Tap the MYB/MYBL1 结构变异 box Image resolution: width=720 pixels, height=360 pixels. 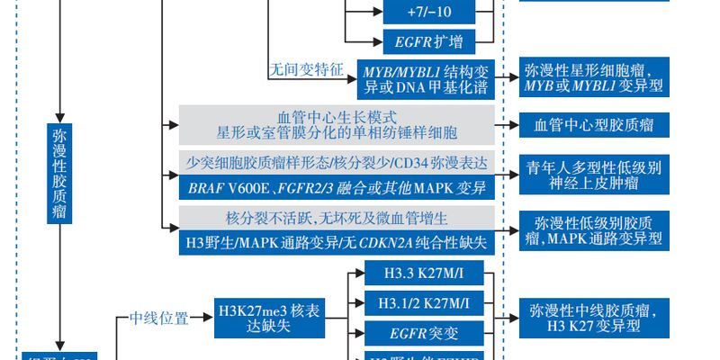pos(427,78)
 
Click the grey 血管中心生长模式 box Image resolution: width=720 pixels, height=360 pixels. pos(337,125)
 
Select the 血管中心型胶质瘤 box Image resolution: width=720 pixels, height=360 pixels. pos(594,125)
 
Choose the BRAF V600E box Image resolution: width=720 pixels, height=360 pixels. pos(337,188)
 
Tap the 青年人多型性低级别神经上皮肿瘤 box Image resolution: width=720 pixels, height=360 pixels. pos(594,175)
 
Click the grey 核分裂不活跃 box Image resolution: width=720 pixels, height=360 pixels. pos(337,218)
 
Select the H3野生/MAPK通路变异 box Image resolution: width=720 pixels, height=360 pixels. pos(337,242)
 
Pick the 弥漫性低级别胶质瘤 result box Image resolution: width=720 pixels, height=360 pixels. pos(594,229)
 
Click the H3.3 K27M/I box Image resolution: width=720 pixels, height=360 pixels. pos(422,274)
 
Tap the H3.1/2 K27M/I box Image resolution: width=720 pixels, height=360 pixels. pos(422,302)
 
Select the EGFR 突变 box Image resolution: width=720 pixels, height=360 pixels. pos(422,333)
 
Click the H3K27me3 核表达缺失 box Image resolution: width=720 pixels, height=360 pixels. pos(269,319)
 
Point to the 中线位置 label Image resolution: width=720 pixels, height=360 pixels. pos(159,318)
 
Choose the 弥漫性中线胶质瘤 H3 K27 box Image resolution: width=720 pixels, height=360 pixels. pos(594,318)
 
